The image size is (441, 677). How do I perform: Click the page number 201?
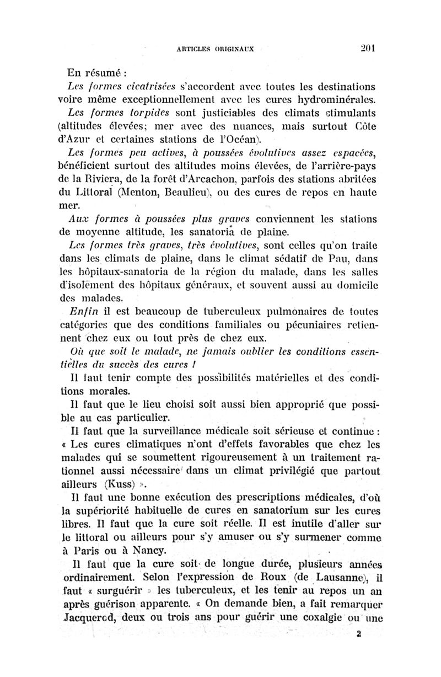tap(367, 47)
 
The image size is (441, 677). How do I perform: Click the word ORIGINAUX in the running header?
tap(233, 48)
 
